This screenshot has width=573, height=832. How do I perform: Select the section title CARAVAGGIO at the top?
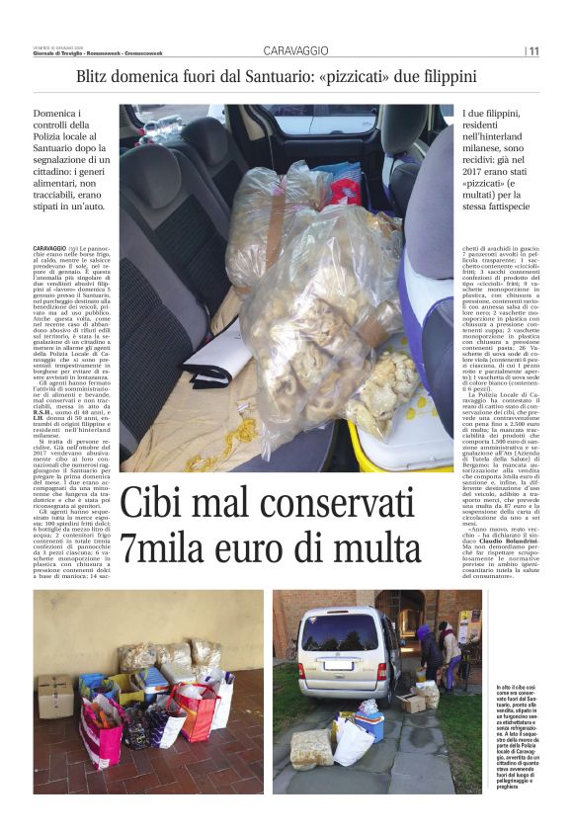pos(297,50)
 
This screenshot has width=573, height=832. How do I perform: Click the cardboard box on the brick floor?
pos(54,697)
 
